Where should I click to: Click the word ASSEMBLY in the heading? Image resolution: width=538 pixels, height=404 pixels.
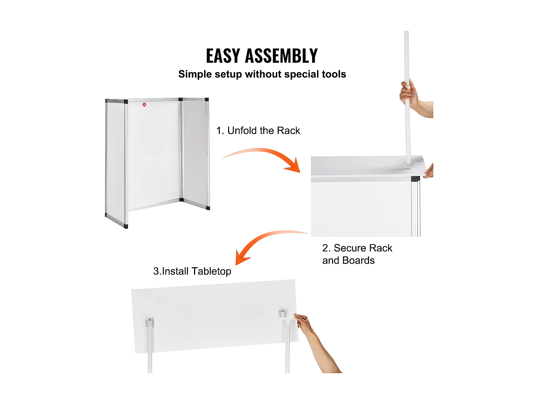pyautogui.click(x=281, y=56)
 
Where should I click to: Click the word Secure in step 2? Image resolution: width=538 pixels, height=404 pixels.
pyautogui.click(x=350, y=248)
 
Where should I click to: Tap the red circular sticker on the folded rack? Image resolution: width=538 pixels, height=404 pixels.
pyautogui.click(x=144, y=105)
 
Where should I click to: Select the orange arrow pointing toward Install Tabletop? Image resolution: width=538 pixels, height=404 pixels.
pyautogui.click(x=262, y=242)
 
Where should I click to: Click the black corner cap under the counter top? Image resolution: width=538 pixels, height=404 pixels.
pyautogui.click(x=415, y=178)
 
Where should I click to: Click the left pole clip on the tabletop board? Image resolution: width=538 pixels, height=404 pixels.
pyautogui.click(x=150, y=322)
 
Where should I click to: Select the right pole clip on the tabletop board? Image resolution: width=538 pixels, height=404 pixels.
pyautogui.click(x=283, y=314)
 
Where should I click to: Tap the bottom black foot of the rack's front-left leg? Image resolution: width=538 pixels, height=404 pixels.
pyautogui.click(x=126, y=226)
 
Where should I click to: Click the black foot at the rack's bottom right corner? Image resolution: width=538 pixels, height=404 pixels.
pyautogui.click(x=208, y=208)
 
